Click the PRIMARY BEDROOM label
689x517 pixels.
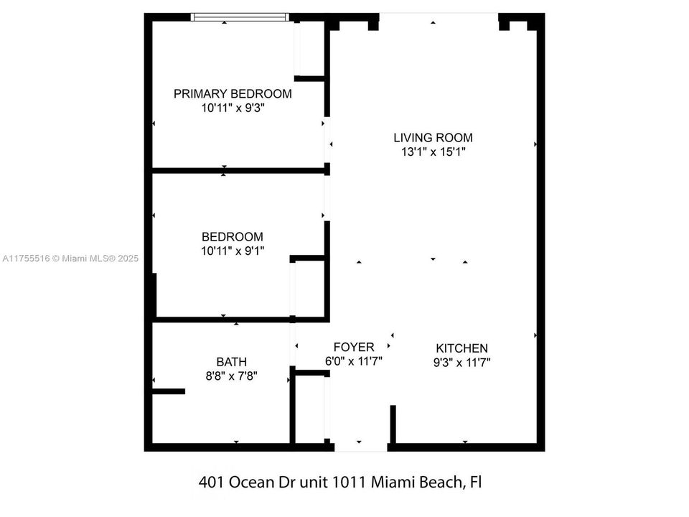(x=233, y=93)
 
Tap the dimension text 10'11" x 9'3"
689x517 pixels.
(x=233, y=109)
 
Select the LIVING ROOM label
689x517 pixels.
(x=433, y=137)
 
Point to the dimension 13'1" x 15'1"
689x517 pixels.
(x=433, y=152)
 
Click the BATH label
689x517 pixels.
(x=232, y=361)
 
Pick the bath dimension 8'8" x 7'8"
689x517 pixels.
(x=232, y=375)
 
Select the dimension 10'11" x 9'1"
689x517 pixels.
(x=232, y=251)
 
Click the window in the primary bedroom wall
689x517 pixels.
(x=240, y=17)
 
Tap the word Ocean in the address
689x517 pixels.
(x=250, y=482)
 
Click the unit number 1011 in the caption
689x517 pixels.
(x=350, y=482)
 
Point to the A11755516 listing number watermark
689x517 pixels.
(x=26, y=258)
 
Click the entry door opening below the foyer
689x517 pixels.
(x=361, y=447)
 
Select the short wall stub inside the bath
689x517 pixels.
(x=169, y=391)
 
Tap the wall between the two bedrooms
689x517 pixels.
(x=240, y=171)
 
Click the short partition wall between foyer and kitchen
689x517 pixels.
(x=393, y=424)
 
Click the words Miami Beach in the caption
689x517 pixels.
(x=418, y=482)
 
